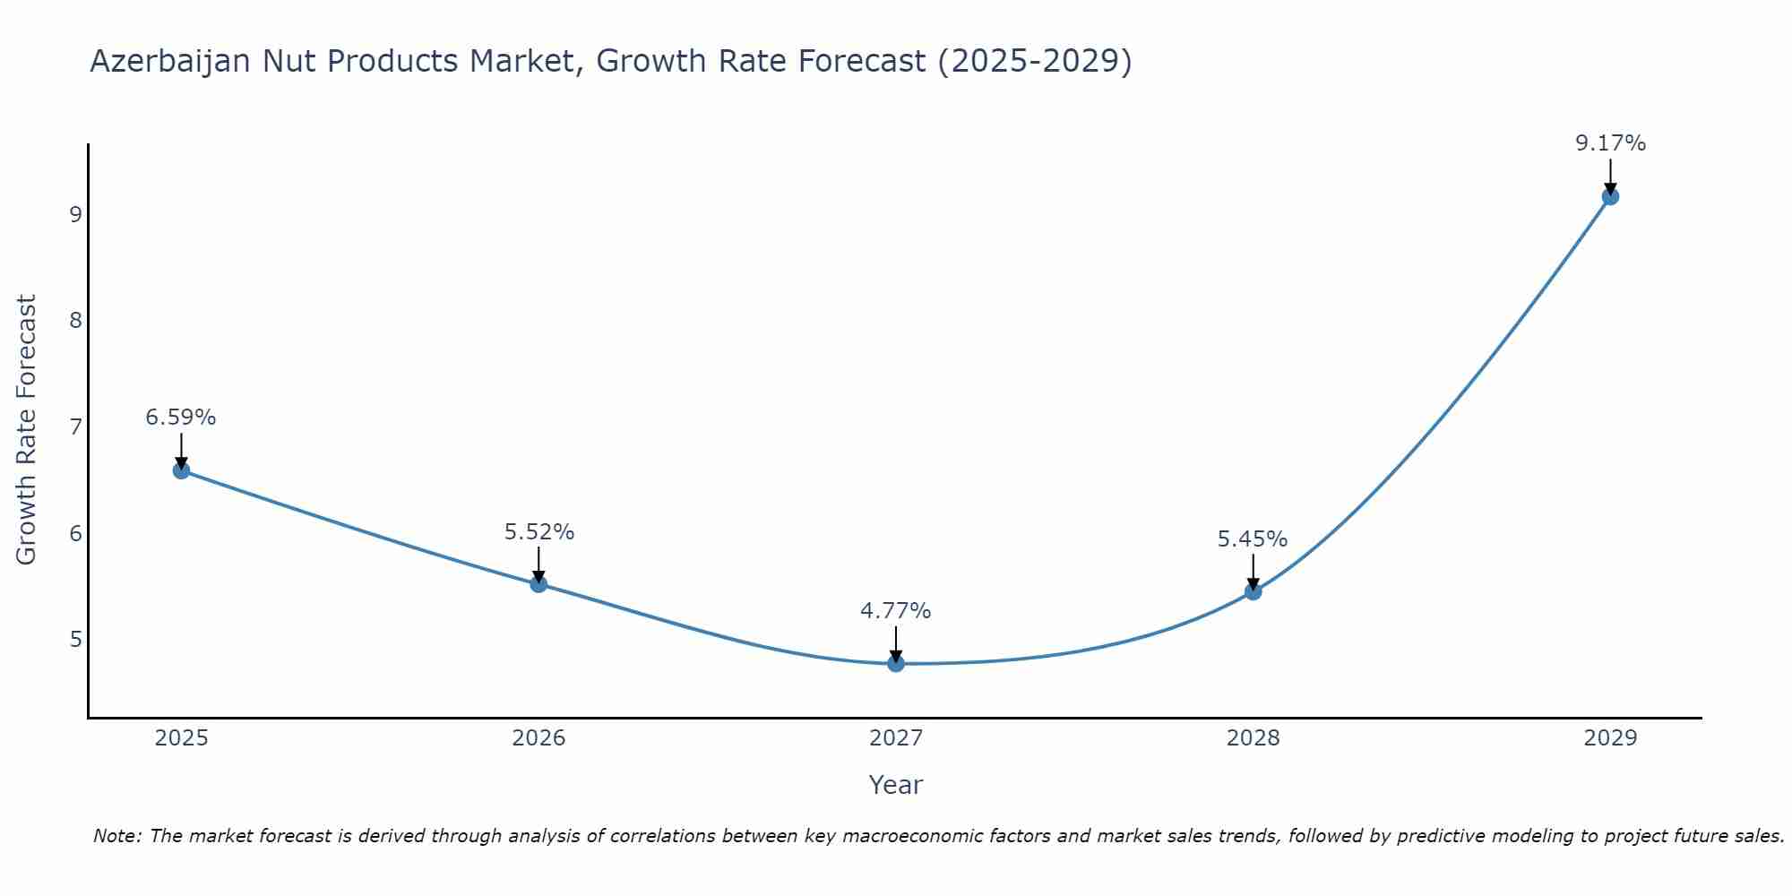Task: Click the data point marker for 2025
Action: (181, 470)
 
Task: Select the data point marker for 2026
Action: (538, 584)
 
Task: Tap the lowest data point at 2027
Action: (896, 664)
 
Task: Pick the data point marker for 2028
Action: (1253, 591)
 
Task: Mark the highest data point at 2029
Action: (1610, 196)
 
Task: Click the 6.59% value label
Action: (181, 418)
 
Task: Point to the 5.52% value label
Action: (538, 532)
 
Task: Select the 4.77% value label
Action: (896, 611)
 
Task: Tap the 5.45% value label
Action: (1253, 539)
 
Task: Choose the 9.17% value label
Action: (1610, 143)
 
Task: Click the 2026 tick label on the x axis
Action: (538, 738)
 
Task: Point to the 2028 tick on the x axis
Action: (1253, 738)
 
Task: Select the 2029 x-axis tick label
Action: (1610, 738)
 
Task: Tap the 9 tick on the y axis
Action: (75, 214)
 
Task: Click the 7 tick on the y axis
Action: (75, 426)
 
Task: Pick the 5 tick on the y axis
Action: (75, 640)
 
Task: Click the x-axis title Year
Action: (896, 785)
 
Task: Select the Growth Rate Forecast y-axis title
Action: (27, 430)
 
